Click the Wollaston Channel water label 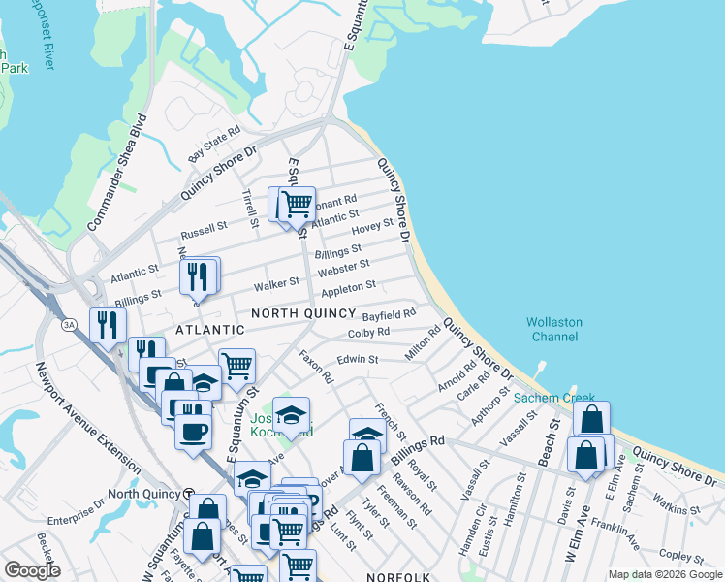click(x=552, y=329)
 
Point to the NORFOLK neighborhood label click(x=398, y=576)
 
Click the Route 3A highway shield click(x=68, y=323)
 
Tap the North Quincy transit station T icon click(x=189, y=493)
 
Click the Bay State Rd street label click(x=214, y=144)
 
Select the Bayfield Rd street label click(x=389, y=314)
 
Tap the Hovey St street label click(x=373, y=226)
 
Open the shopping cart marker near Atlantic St click(x=296, y=206)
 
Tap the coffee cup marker click(x=193, y=429)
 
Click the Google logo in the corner click(x=32, y=570)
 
